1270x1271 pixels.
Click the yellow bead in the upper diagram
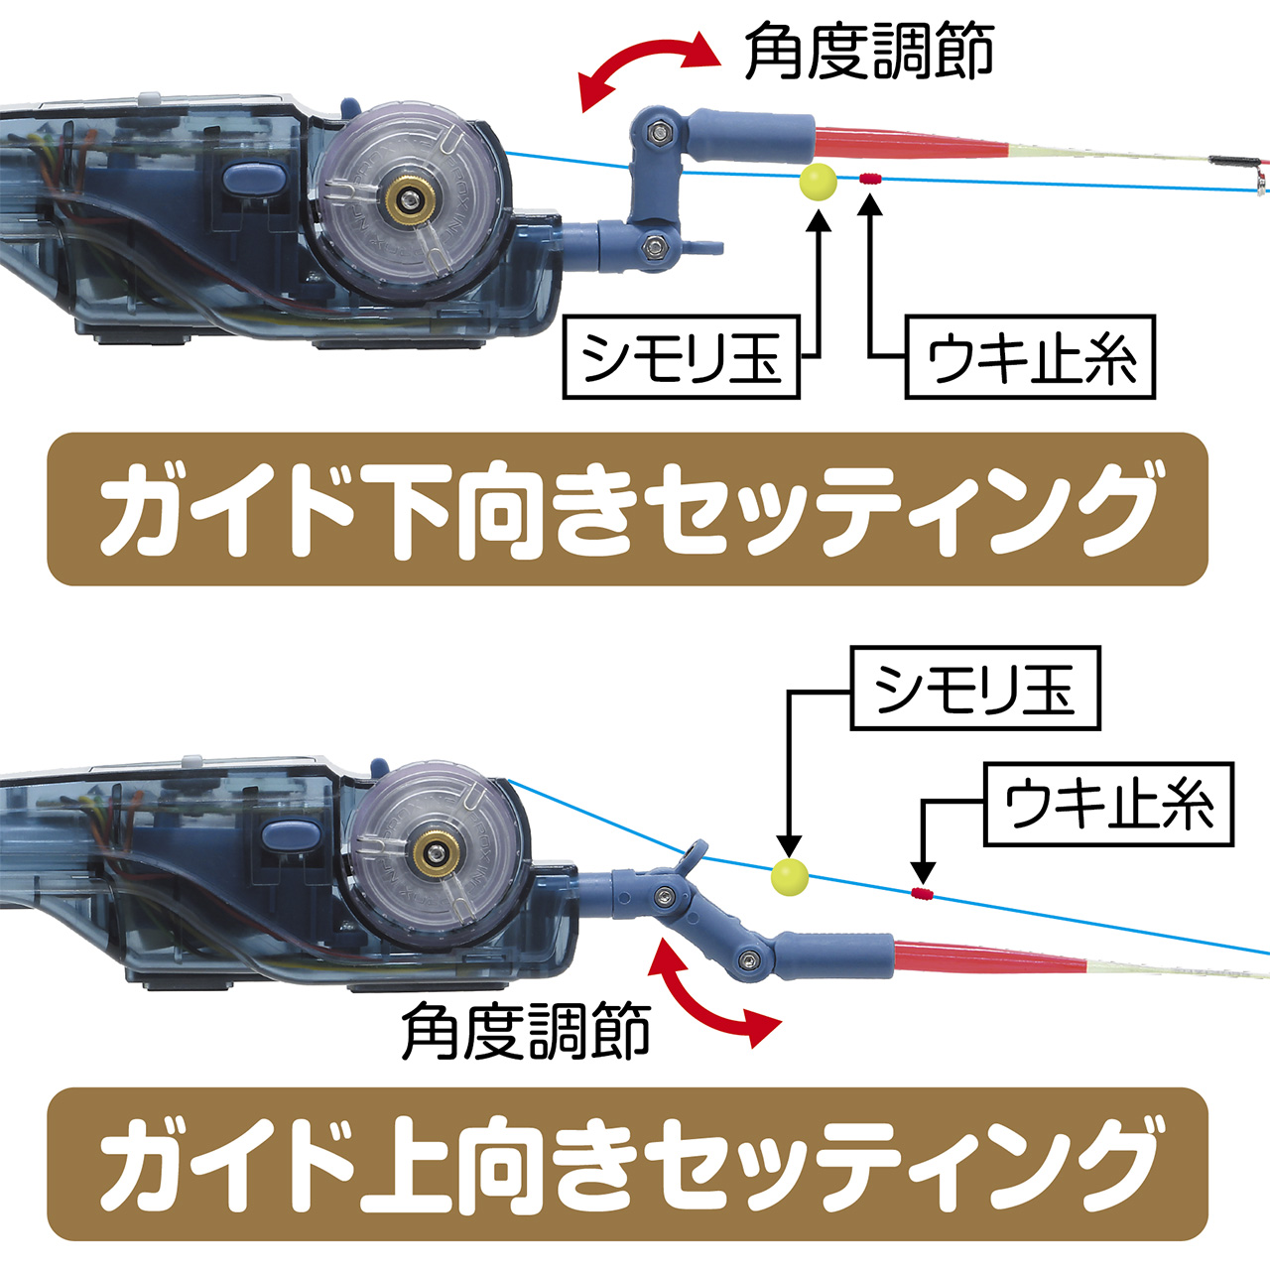pos(818,183)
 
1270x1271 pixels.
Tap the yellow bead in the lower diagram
pos(790,876)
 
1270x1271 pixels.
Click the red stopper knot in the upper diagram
pos(870,180)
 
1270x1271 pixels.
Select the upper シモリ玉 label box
pos(681,357)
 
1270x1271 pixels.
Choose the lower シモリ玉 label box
pos(974,689)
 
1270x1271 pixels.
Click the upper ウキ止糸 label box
pos(1030,357)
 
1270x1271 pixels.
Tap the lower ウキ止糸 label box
pos(1107,805)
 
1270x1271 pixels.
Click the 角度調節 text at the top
pos(869,52)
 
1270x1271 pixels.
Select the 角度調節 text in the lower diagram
pos(526,1032)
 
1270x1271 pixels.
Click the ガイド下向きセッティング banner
pos(627,509)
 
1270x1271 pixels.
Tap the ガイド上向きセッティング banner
pos(627,1164)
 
